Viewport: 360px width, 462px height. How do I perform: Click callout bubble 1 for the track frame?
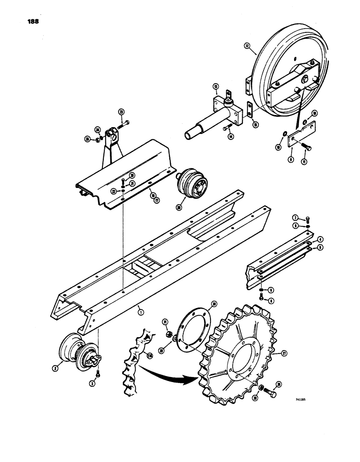click(141, 312)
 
